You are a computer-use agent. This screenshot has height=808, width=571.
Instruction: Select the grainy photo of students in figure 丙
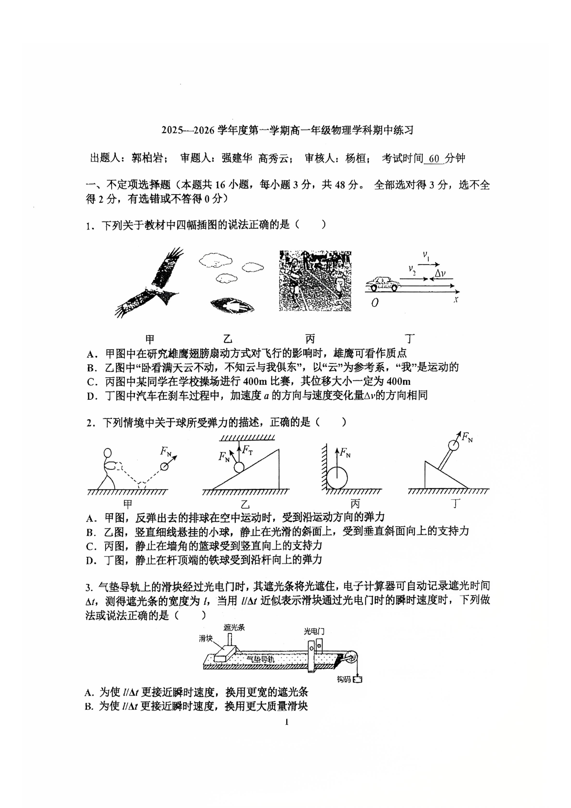(315, 281)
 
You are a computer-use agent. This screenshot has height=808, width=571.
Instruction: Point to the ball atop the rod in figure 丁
(453, 445)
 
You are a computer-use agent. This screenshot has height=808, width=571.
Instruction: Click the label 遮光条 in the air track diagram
(234, 627)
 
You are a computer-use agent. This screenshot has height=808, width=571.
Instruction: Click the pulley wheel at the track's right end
(351, 658)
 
